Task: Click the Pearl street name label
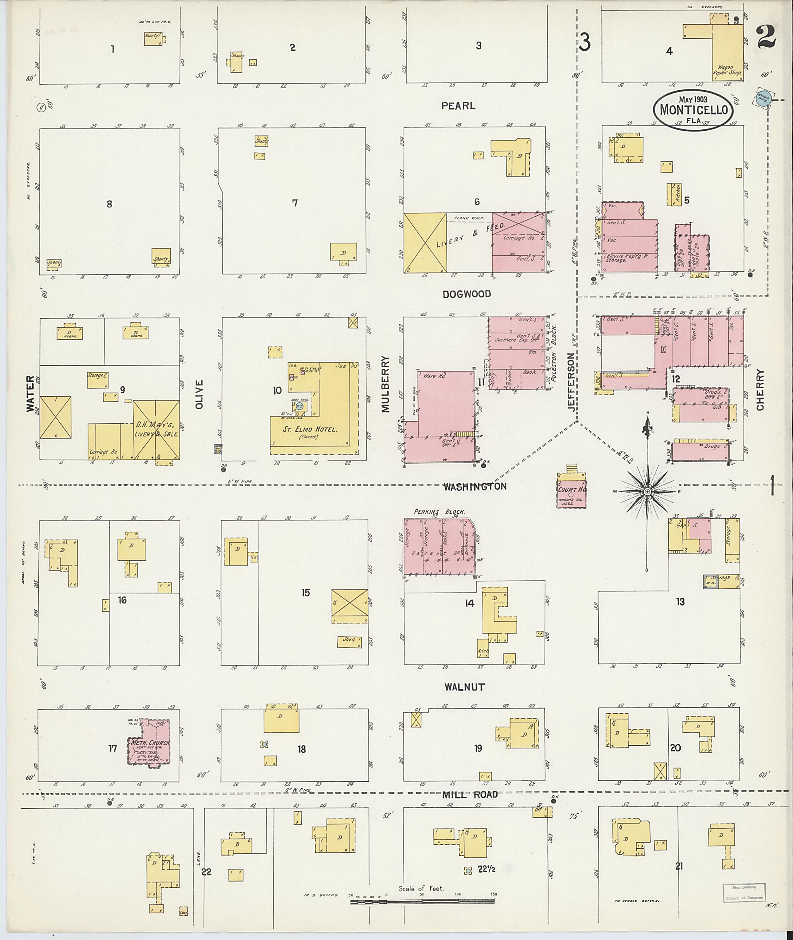click(x=458, y=106)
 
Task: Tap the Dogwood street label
click(x=467, y=294)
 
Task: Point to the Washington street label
click(x=475, y=486)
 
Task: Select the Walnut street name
click(x=464, y=687)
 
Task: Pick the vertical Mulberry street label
click(x=385, y=384)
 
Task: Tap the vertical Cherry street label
click(x=760, y=390)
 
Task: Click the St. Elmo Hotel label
click(x=310, y=429)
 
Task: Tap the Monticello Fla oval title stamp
click(x=693, y=110)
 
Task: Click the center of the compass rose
click(x=647, y=491)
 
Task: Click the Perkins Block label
click(x=439, y=511)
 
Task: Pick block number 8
click(x=109, y=204)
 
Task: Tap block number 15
click(x=306, y=592)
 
